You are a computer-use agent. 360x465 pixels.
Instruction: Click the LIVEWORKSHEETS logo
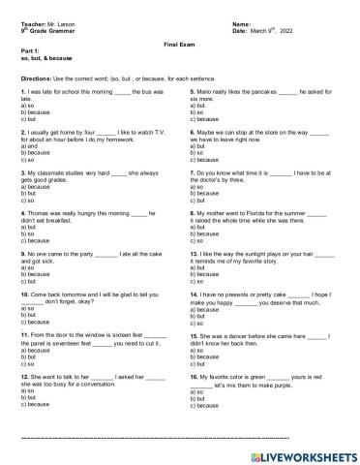pyautogui.click(x=300, y=452)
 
